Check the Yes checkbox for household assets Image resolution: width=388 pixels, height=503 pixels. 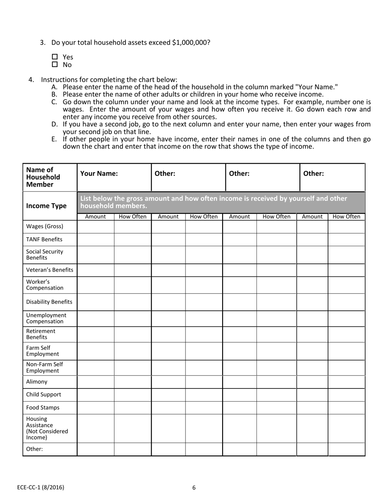(55, 57)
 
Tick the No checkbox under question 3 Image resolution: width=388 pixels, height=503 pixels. (55, 65)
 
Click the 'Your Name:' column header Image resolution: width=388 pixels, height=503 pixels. (99, 173)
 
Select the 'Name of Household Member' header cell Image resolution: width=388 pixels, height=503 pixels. (43, 177)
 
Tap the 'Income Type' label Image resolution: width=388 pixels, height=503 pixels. (46, 206)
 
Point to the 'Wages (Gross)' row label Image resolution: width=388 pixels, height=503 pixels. (45, 227)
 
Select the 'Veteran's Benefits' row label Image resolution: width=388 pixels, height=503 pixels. (49, 270)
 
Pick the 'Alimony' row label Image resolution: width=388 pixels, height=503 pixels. (37, 382)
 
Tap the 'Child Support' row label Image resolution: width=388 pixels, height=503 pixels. (43, 395)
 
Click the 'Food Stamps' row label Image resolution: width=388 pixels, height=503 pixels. (42, 408)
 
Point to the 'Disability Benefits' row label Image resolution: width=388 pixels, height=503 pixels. (49, 302)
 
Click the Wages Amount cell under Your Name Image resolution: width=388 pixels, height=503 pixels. (96, 227)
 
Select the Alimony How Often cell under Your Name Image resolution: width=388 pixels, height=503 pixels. (132, 382)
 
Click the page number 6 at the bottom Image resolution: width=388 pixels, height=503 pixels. (194, 487)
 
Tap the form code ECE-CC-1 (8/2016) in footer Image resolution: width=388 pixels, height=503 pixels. (41, 487)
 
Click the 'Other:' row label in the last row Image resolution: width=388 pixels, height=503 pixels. (34, 449)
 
